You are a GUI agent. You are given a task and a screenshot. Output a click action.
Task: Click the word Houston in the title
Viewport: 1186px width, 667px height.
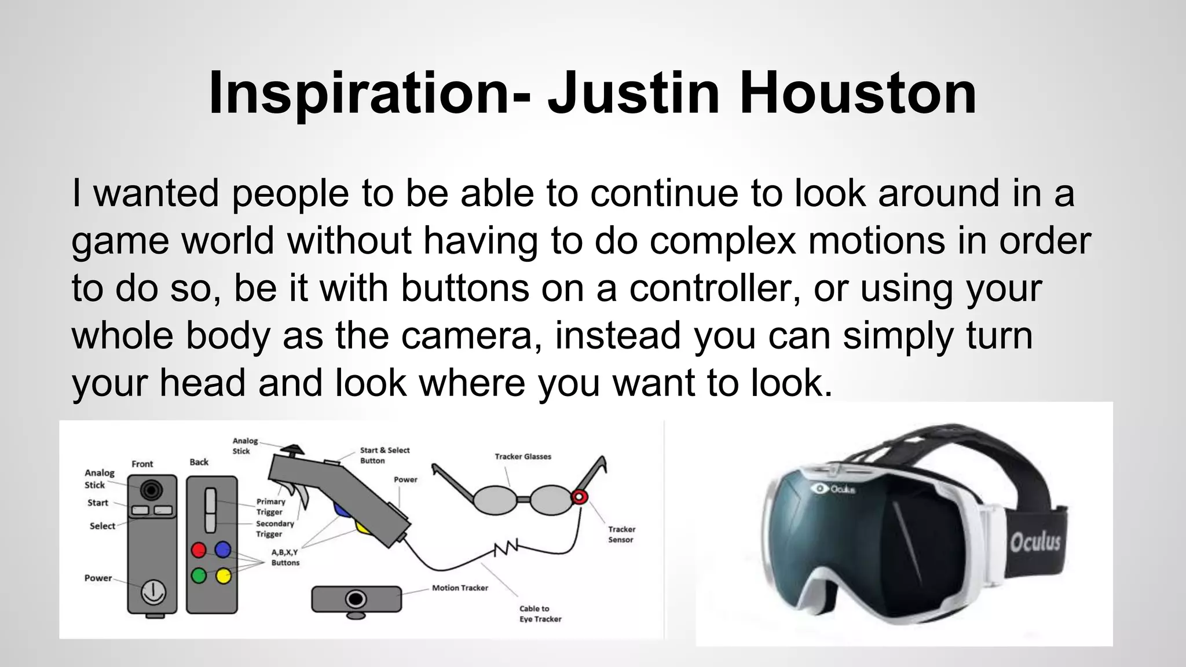tap(858, 93)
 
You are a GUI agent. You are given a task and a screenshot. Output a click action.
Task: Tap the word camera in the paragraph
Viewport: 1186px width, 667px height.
tap(466, 335)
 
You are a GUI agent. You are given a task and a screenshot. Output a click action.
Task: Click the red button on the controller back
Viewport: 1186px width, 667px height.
tap(199, 549)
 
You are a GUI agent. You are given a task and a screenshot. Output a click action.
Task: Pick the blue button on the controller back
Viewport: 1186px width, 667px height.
tap(223, 549)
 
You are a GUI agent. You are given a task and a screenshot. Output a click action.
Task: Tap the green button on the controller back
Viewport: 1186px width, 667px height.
tap(199, 576)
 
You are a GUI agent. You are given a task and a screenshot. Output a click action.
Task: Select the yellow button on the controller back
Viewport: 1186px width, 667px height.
tap(223, 576)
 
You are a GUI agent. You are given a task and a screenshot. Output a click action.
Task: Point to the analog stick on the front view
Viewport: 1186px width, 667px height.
tap(152, 490)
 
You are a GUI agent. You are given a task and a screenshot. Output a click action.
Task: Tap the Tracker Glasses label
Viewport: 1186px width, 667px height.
tap(522, 456)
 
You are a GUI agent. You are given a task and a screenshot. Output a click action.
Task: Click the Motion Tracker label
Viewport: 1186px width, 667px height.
tap(460, 588)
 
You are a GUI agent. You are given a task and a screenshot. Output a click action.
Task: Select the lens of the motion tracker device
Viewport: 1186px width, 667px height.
tap(356, 598)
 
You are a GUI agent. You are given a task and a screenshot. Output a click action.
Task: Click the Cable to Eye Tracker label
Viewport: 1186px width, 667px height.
tap(540, 614)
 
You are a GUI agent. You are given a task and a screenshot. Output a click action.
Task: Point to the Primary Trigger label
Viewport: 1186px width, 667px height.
tap(270, 507)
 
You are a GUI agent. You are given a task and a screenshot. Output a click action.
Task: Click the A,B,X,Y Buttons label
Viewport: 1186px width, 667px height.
tap(285, 557)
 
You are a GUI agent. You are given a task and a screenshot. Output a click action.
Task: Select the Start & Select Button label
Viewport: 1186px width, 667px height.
tap(384, 455)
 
